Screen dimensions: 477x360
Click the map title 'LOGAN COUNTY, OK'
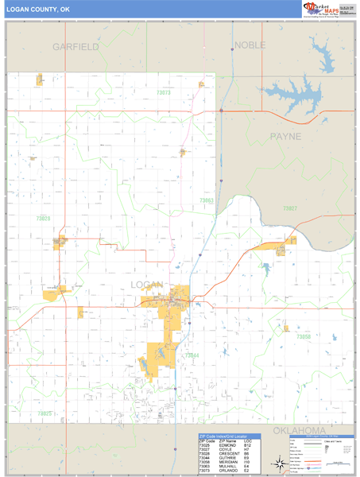coord(35,9)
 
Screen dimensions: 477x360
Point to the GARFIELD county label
coord(75,47)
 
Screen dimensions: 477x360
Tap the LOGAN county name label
coord(147,285)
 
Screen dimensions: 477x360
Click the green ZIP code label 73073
coord(164,93)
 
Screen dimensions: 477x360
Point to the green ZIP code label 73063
coord(206,200)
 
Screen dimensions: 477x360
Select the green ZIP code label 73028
coord(43,218)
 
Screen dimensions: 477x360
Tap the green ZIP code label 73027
coord(290,208)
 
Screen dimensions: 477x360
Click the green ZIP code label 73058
coord(304,337)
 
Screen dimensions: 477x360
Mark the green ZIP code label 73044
coord(192,355)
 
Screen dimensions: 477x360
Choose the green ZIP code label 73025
coord(45,413)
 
